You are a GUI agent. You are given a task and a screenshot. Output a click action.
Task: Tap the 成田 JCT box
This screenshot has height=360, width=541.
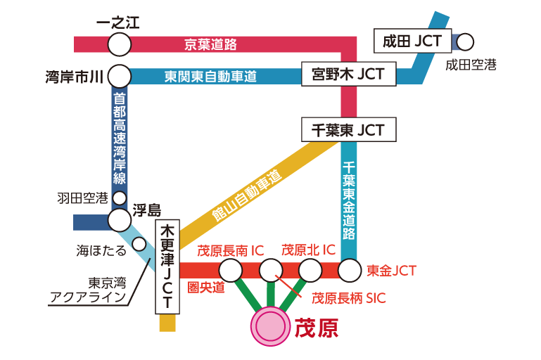click(x=412, y=41)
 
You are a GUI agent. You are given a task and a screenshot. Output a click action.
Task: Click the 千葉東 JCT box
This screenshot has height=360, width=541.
click(x=348, y=130)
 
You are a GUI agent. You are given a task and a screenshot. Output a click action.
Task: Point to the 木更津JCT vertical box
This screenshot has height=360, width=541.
click(x=167, y=268)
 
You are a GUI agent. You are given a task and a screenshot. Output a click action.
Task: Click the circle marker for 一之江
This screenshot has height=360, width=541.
click(x=120, y=44)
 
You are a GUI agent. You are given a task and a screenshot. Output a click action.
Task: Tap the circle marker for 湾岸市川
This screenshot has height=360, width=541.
click(x=120, y=76)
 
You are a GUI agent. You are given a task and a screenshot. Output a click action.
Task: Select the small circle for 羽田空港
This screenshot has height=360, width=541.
click(x=120, y=198)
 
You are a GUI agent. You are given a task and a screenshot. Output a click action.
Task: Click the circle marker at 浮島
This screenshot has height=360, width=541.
click(x=120, y=220)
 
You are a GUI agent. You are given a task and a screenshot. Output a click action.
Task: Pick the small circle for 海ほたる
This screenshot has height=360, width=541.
click(x=139, y=244)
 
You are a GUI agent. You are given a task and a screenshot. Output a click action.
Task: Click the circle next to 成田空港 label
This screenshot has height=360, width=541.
click(x=465, y=42)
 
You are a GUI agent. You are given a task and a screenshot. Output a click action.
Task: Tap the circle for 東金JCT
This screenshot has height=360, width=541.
click(x=349, y=270)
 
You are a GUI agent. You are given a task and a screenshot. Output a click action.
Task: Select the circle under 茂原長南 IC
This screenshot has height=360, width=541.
click(x=231, y=270)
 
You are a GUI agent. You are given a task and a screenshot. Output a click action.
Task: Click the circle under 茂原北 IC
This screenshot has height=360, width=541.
click(x=310, y=270)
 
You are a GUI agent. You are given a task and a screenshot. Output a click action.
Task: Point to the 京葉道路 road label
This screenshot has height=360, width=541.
click(x=210, y=44)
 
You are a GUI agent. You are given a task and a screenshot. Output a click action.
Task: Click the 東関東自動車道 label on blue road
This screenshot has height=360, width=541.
click(x=210, y=76)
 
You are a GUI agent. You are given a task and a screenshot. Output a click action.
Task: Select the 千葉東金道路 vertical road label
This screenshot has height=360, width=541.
click(x=349, y=200)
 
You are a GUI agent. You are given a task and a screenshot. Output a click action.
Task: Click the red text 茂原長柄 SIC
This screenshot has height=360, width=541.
click(x=349, y=298)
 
